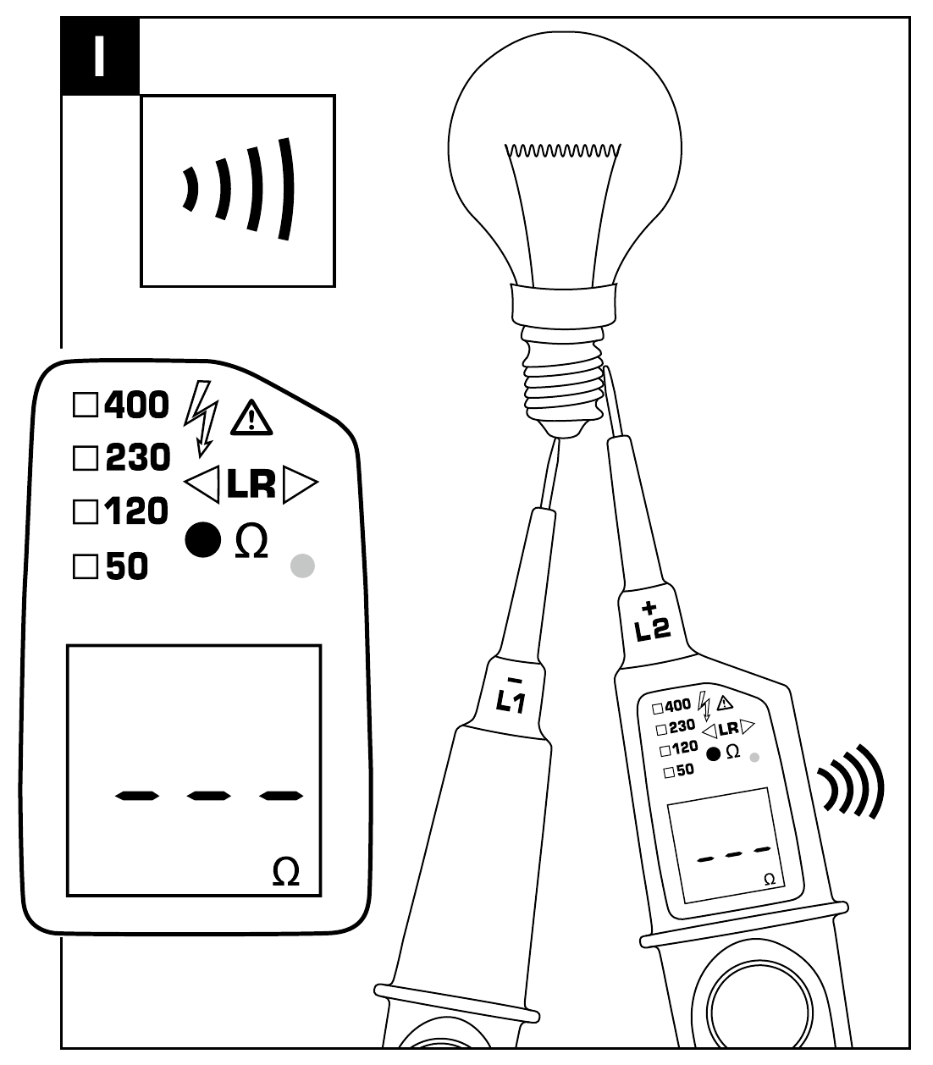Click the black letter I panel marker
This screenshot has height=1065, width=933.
[100, 56]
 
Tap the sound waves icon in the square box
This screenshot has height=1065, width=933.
[239, 190]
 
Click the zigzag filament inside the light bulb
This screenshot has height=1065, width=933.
[562, 152]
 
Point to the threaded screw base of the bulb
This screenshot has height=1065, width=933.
[564, 381]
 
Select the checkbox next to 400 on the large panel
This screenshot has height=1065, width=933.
[85, 405]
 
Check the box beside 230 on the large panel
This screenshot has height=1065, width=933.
[85, 459]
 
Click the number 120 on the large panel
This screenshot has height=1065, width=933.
[136, 512]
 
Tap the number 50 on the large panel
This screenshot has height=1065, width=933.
[126, 566]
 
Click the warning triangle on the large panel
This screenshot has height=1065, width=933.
[251, 417]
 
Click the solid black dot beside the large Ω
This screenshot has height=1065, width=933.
[203, 539]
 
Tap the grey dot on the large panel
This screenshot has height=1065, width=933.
[302, 566]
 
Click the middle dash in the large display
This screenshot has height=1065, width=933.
[209, 795]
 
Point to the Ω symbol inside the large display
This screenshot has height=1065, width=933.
[286, 872]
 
